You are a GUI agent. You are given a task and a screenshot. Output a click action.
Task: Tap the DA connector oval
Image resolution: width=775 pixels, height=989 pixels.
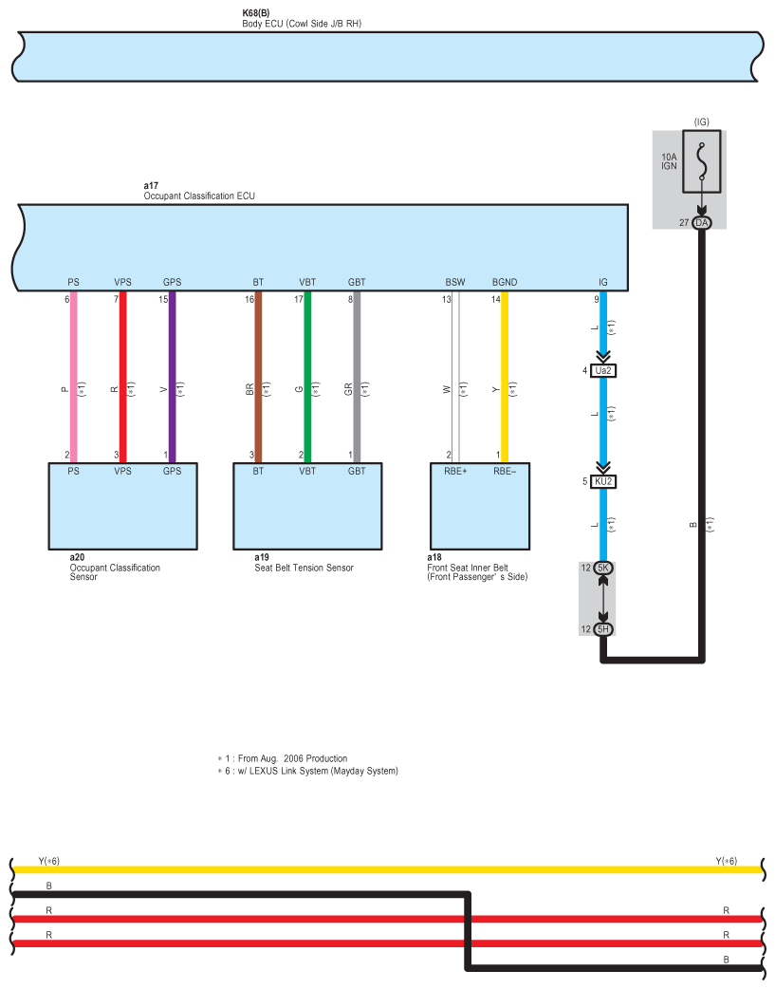pyautogui.click(x=701, y=222)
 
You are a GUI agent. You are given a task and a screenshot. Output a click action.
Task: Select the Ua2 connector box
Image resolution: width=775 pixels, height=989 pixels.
pyautogui.click(x=602, y=370)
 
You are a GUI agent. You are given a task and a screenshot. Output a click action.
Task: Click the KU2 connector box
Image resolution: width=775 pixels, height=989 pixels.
pyautogui.click(x=602, y=481)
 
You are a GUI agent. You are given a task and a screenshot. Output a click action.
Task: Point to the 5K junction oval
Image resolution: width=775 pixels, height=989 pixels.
pyautogui.click(x=603, y=568)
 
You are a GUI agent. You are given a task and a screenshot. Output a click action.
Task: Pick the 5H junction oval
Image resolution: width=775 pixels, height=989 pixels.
pyautogui.click(x=603, y=629)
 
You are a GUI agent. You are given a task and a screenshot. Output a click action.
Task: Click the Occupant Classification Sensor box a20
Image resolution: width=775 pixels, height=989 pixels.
pyautogui.click(x=122, y=506)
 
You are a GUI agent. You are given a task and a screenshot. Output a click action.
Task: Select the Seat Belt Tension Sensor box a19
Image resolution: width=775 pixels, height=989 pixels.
pyautogui.click(x=307, y=506)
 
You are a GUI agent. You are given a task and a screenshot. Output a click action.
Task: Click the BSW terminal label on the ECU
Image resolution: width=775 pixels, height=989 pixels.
pyautogui.click(x=455, y=283)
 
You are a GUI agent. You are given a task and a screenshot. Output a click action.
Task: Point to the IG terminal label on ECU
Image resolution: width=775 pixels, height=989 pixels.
pyautogui.click(x=603, y=283)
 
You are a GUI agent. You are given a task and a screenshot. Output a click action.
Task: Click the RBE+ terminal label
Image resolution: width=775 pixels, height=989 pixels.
pyautogui.click(x=454, y=469)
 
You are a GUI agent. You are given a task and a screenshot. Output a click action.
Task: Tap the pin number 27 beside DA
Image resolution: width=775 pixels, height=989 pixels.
pyautogui.click(x=683, y=222)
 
